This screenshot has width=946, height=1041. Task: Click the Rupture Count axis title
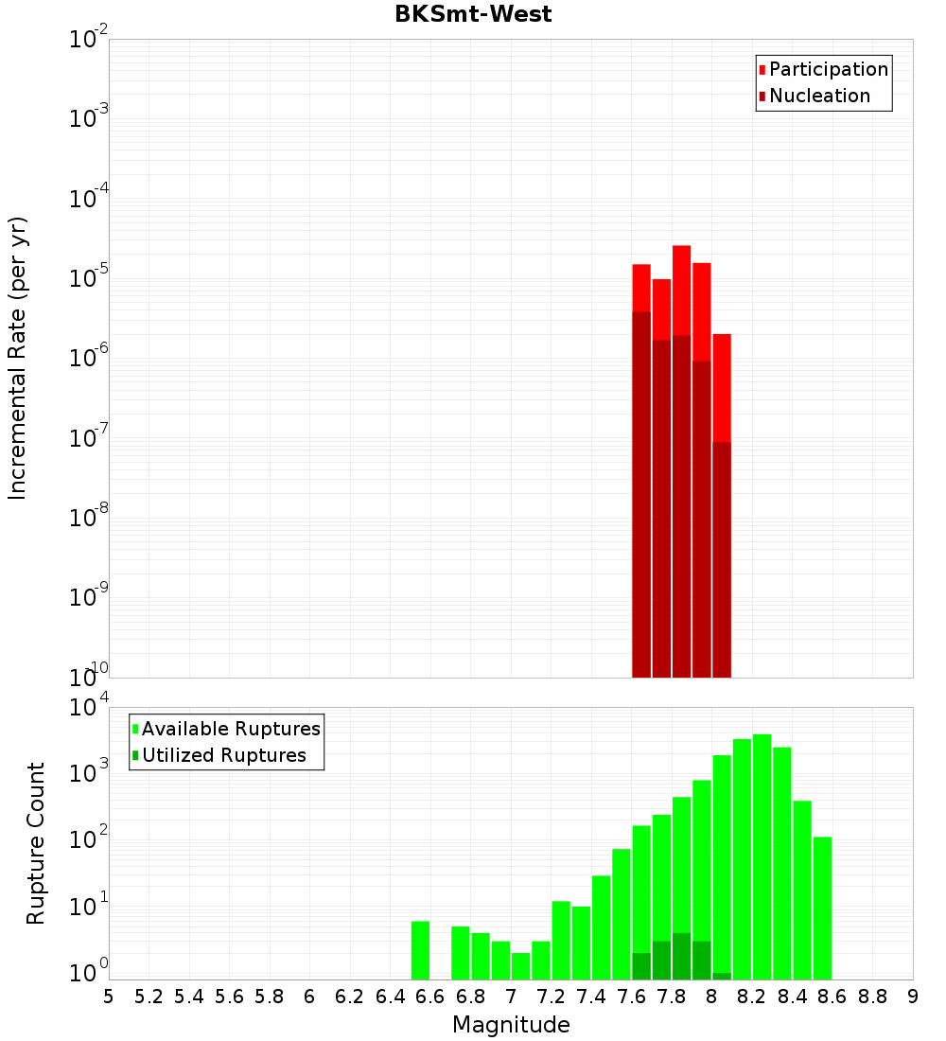36,843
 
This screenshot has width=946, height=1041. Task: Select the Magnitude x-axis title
511,1025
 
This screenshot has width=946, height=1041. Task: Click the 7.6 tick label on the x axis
631,997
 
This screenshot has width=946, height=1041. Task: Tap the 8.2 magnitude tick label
752,997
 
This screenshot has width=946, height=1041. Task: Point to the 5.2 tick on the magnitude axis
149,997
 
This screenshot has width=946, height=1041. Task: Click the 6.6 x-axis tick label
430,997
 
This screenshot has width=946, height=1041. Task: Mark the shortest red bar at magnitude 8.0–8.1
722,388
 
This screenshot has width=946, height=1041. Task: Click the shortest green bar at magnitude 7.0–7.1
520,966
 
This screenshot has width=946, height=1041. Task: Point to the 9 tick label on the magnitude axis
913,997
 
